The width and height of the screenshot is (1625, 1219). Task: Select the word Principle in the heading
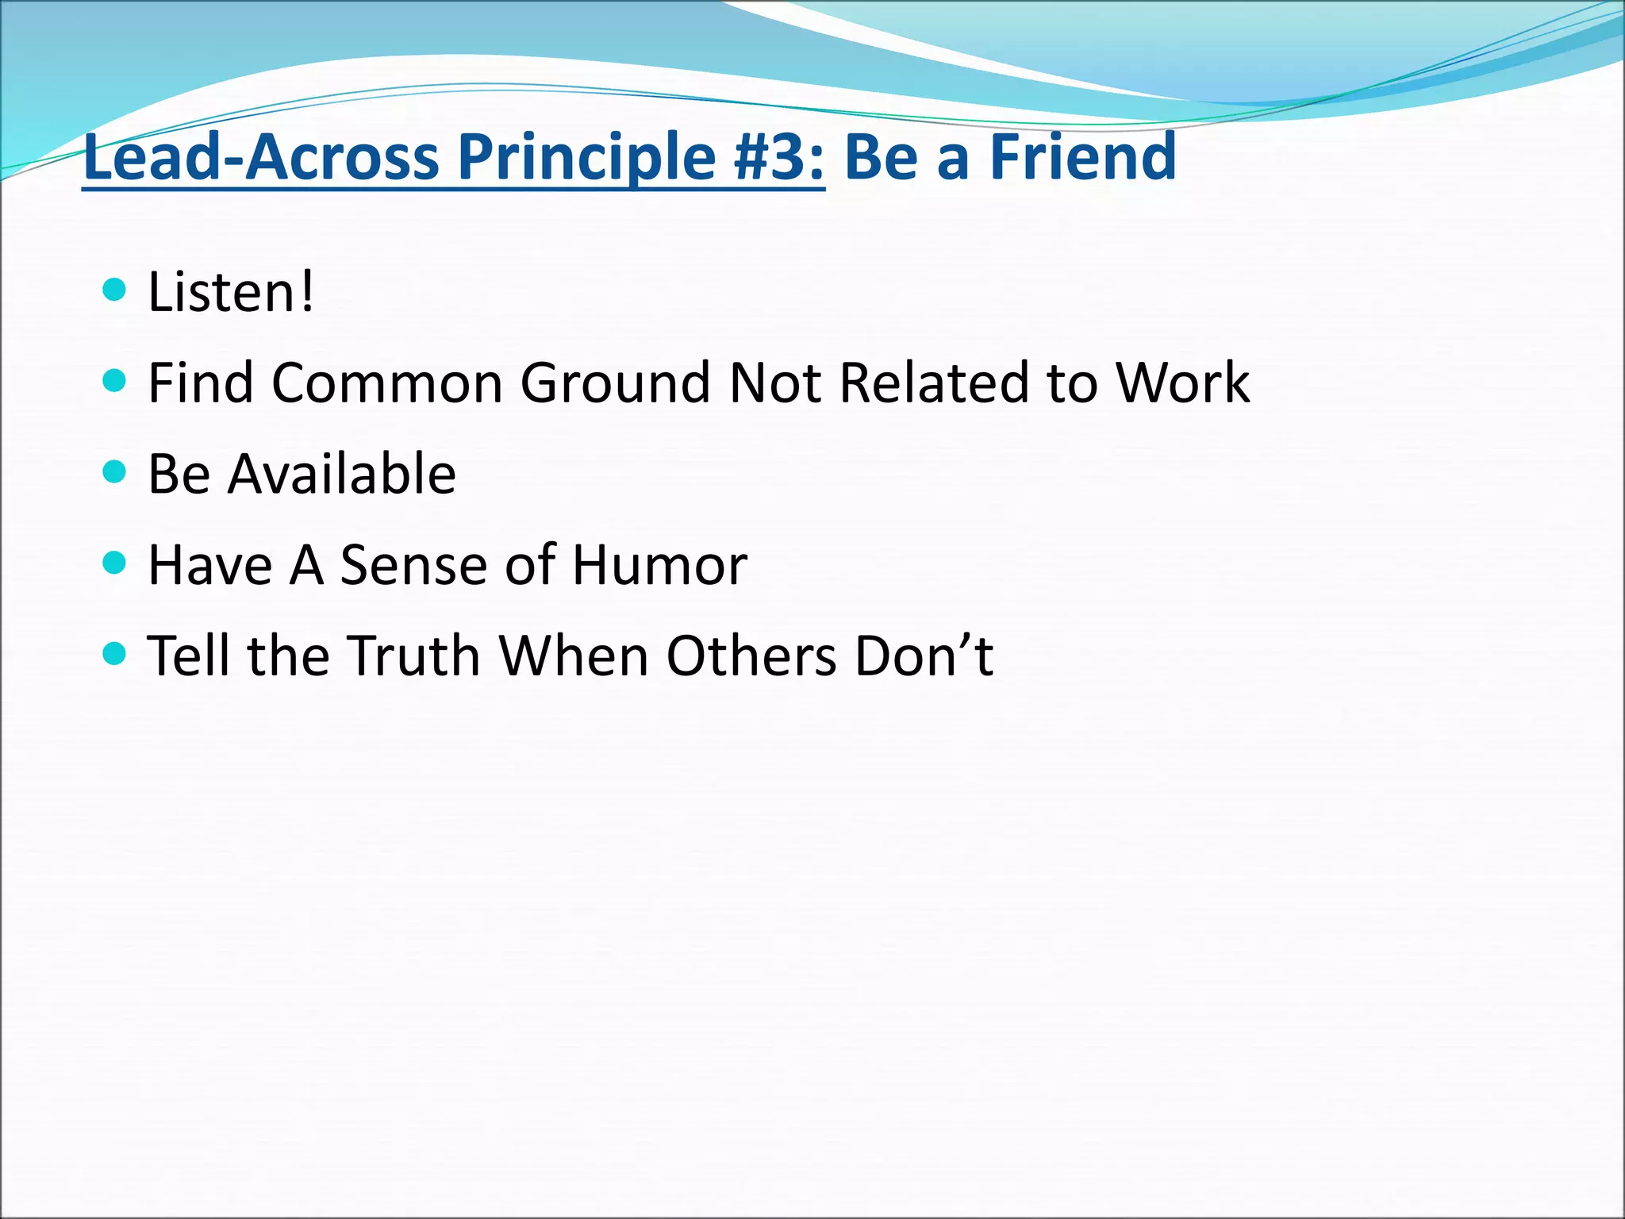click(587, 157)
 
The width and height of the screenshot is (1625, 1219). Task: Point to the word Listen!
click(231, 292)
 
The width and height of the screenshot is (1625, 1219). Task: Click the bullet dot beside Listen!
click(115, 290)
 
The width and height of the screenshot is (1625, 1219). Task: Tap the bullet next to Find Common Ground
click(115, 381)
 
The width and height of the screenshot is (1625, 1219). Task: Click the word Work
click(1182, 383)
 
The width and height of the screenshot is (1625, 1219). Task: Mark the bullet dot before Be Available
click(115, 472)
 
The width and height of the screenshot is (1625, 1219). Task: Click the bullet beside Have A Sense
click(115, 563)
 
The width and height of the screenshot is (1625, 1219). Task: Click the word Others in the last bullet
click(751, 656)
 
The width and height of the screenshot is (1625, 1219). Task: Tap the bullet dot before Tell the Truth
click(115, 654)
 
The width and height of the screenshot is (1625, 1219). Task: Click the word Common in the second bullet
click(387, 383)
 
